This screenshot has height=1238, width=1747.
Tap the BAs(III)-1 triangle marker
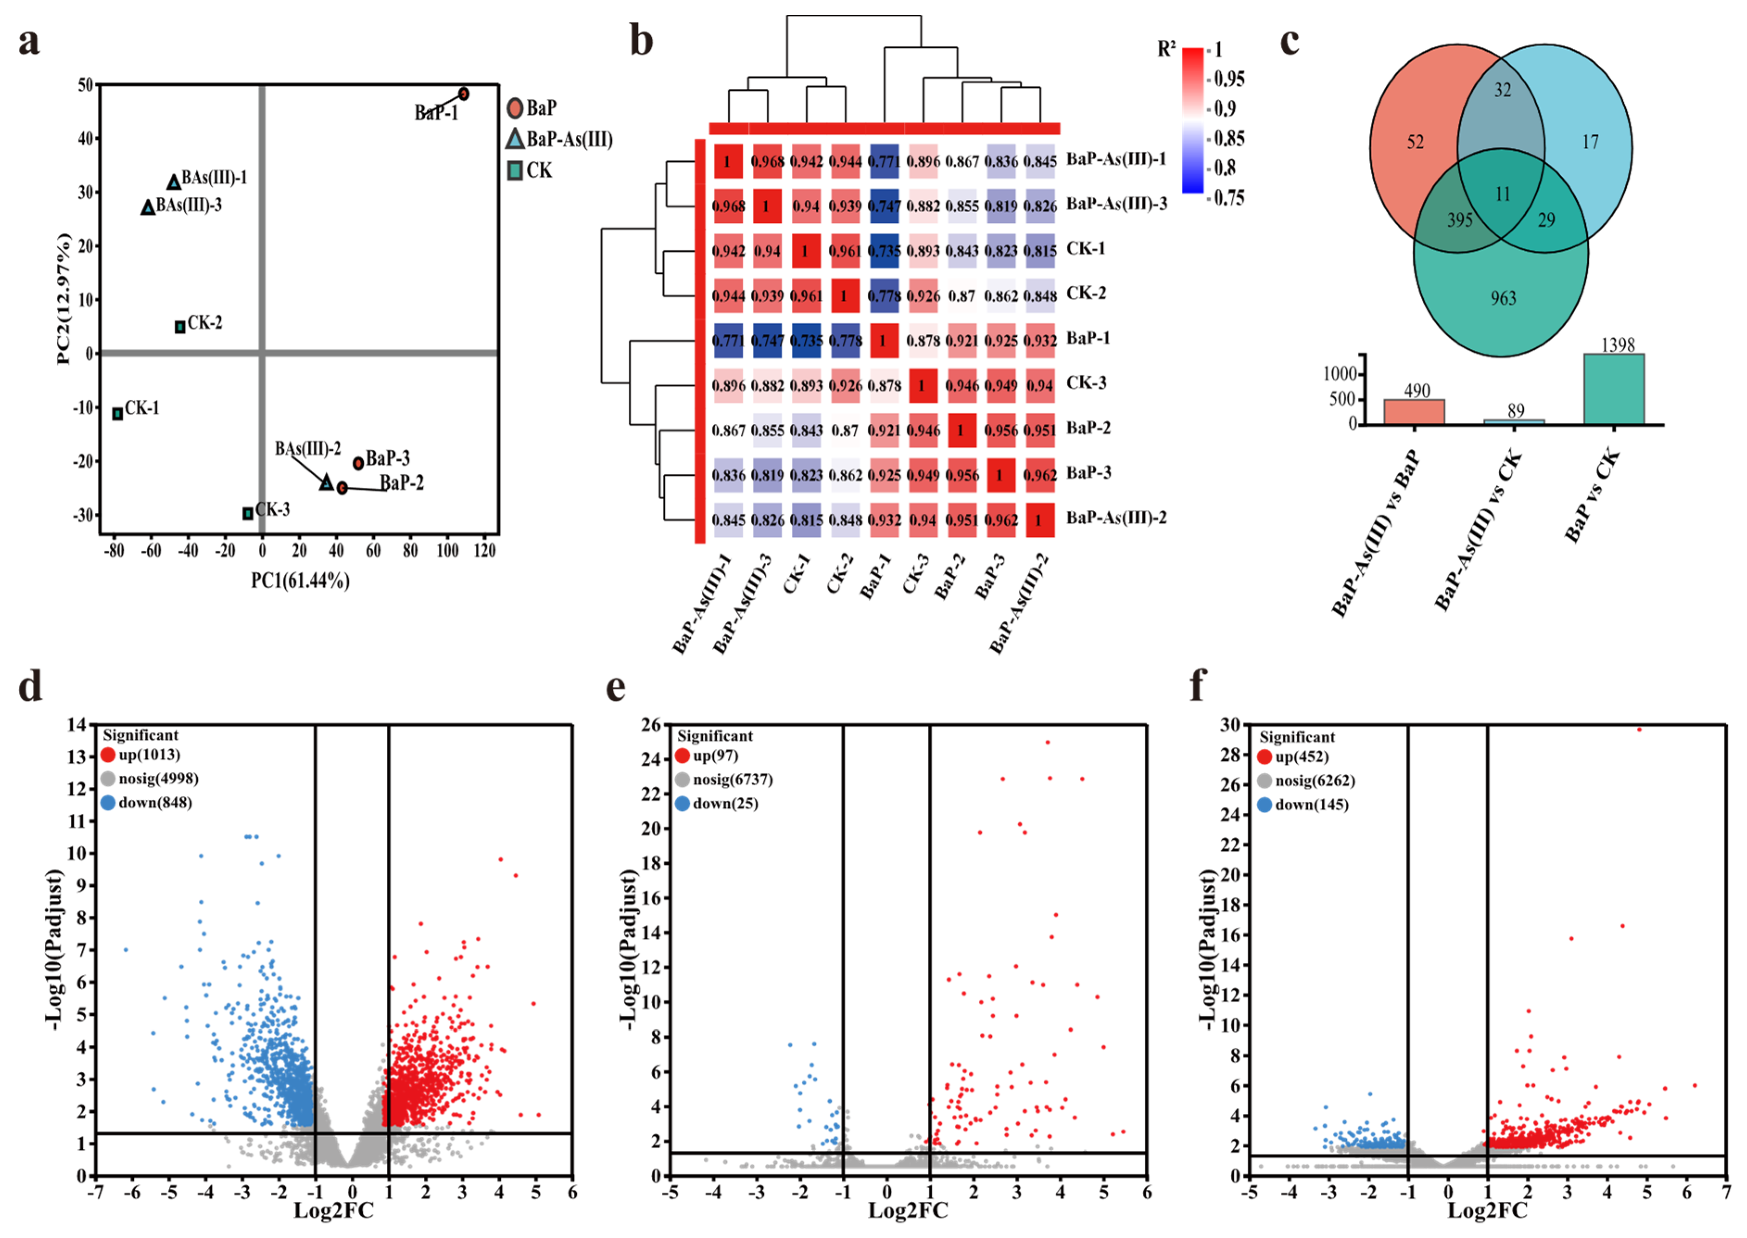(x=174, y=182)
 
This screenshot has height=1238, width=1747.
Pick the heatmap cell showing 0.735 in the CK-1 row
(x=884, y=251)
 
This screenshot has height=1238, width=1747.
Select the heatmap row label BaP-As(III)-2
(x=1116, y=518)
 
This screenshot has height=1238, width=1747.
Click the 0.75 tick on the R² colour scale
(x=1229, y=198)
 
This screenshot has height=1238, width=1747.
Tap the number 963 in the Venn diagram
(x=1503, y=298)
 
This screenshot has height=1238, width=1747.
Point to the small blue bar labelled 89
(x=1514, y=421)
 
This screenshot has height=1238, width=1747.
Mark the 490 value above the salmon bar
(x=1416, y=391)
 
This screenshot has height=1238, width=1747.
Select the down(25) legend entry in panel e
(x=717, y=804)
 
